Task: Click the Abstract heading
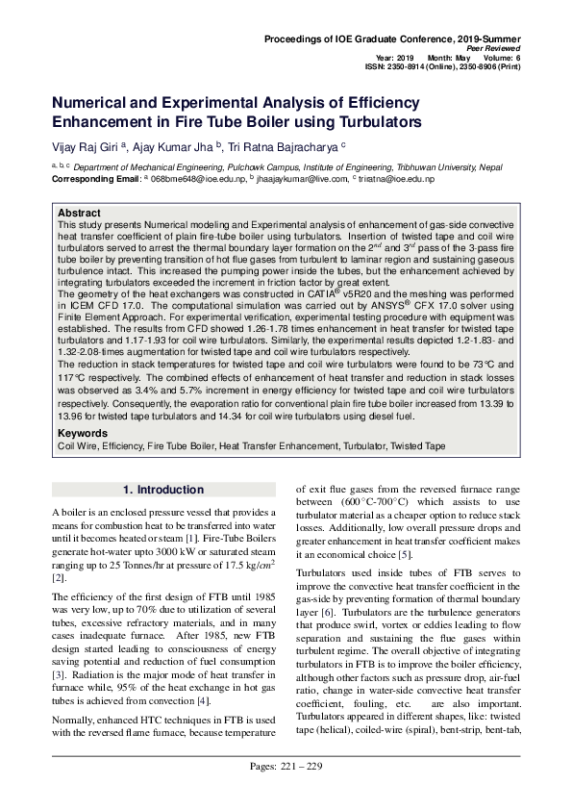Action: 79,213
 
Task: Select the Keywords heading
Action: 83,434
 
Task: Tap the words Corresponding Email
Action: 95,179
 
